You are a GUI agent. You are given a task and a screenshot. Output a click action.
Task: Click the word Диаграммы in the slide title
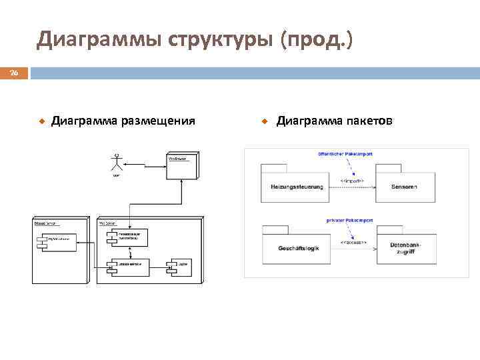click(99, 41)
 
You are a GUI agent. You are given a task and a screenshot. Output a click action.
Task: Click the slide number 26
click(14, 73)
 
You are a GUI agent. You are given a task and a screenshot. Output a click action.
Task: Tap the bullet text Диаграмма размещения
click(123, 121)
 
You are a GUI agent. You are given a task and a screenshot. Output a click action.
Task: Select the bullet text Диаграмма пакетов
click(335, 121)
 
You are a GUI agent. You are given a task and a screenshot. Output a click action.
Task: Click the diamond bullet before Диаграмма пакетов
click(264, 121)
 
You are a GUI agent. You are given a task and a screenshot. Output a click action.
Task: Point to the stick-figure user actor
click(117, 163)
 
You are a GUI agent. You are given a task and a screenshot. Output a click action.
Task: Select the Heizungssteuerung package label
click(297, 187)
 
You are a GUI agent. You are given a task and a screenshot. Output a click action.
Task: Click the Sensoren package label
click(404, 187)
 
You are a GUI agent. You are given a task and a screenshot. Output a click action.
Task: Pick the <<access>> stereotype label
click(352, 243)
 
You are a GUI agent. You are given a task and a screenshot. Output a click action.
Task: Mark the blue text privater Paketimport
click(349, 219)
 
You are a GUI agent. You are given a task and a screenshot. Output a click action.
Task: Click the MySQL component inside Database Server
click(60, 238)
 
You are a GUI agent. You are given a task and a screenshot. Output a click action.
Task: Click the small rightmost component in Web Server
click(180, 265)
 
